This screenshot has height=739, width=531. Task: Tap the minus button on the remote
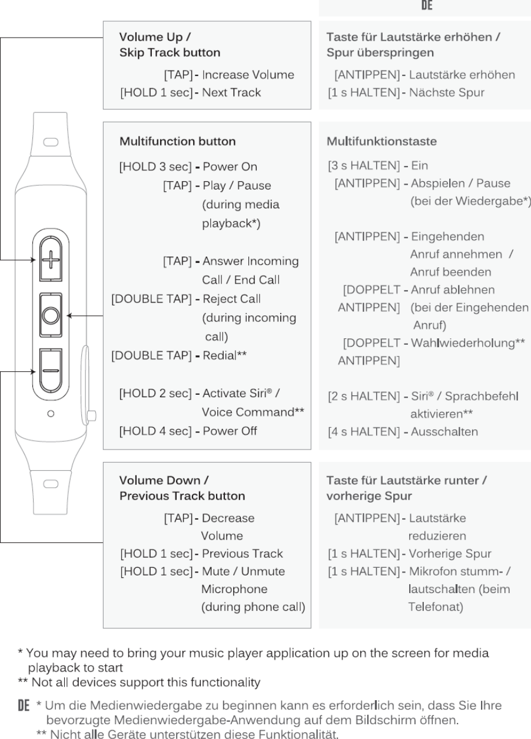pyautogui.click(x=51, y=371)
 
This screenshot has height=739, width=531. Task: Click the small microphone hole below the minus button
pyautogui.click(x=51, y=414)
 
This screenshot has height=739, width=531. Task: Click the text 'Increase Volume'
pyautogui.click(x=248, y=75)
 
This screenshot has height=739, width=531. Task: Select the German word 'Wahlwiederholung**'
pyautogui.click(x=467, y=342)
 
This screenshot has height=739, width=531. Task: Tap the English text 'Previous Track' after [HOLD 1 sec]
pyautogui.click(x=242, y=554)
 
